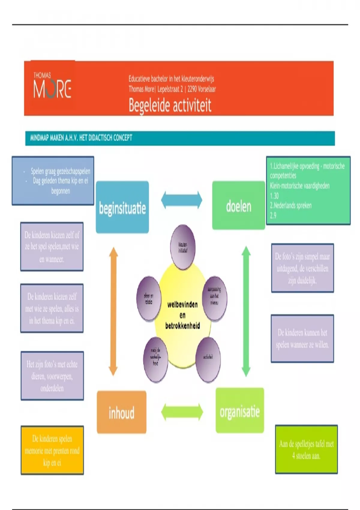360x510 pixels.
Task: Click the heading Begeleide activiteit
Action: pos(170,105)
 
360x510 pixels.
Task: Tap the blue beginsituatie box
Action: pos(122,207)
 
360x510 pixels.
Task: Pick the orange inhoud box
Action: pos(121,412)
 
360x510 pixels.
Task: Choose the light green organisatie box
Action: pos(240,411)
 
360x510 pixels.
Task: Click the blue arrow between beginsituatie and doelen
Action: pos(181,200)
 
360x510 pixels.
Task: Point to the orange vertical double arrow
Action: pos(113,311)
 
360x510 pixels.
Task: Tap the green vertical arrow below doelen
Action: pos(246,311)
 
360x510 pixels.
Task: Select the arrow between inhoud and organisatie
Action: pos(182,412)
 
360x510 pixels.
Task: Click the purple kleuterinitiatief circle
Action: pos(183,247)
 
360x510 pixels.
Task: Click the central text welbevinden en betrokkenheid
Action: pos(182,315)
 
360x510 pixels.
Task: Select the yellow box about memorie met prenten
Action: pos(52,450)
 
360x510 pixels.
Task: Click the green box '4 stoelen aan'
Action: pos(306,449)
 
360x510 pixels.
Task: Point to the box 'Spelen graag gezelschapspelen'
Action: pos(53,181)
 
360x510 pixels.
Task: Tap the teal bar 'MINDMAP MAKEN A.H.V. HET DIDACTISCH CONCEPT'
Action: pos(180,138)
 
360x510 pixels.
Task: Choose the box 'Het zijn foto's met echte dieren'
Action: pos(52,376)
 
